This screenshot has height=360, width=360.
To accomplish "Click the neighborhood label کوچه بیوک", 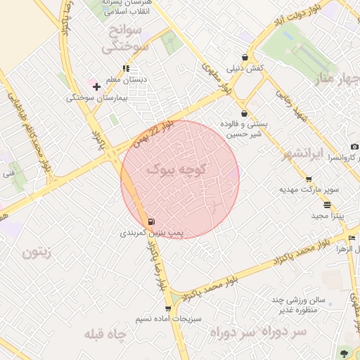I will point(177,170).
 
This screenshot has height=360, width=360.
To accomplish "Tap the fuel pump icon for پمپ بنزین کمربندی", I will point(152,221).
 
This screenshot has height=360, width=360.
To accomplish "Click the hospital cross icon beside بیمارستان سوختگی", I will point(96,86).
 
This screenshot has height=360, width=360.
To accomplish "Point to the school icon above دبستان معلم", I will point(126,69).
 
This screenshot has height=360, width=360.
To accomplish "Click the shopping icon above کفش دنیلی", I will point(245,57).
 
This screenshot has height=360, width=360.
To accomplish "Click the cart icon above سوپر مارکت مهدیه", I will point(309,180).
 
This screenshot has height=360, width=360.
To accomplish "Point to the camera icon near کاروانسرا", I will point(354,146).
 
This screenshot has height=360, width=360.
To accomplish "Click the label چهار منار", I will point(334,79).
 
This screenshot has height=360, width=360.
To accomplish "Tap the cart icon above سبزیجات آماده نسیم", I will point(168,308).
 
